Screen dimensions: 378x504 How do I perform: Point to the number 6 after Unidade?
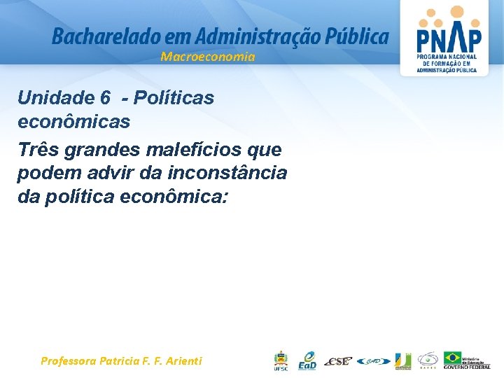click(106, 98)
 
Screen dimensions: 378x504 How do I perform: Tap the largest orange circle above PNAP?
click(456, 12)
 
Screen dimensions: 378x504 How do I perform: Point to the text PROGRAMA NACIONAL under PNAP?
click(447, 56)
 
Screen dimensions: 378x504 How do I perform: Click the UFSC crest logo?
click(280, 360)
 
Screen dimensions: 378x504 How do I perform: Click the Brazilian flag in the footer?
click(454, 358)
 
